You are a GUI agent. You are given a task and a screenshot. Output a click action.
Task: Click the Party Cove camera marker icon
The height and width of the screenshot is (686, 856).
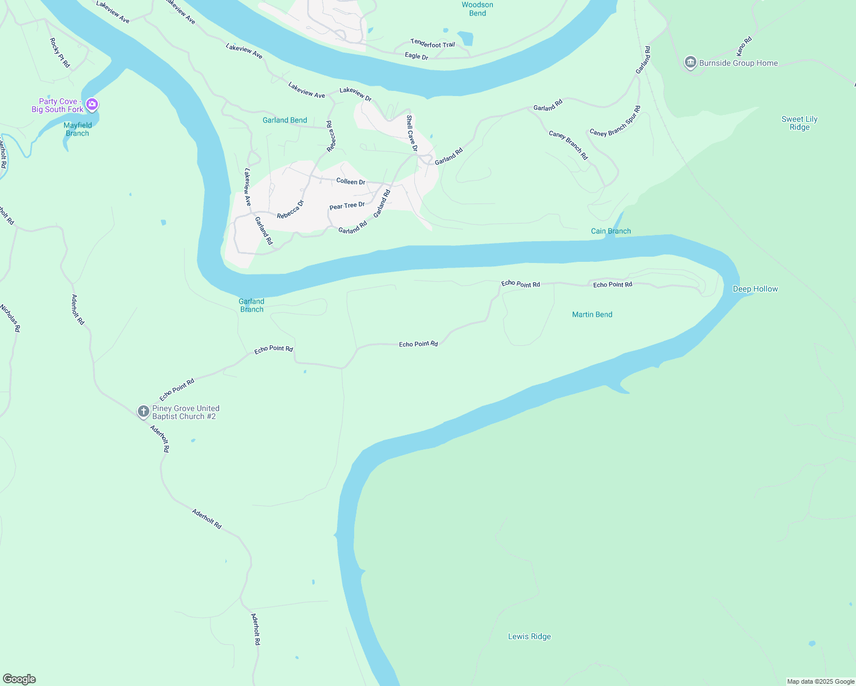click(x=93, y=105)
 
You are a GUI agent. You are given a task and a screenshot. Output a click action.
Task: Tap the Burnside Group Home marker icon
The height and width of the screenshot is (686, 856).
click(x=691, y=62)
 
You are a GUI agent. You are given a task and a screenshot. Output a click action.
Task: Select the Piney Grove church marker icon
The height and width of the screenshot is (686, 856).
click(x=144, y=411)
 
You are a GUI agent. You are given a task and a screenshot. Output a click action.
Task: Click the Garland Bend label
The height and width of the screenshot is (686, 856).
click(x=285, y=120)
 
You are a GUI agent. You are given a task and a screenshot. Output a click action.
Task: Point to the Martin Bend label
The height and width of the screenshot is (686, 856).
click(x=592, y=314)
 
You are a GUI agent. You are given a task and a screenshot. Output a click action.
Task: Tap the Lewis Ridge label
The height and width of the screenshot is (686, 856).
click(x=529, y=636)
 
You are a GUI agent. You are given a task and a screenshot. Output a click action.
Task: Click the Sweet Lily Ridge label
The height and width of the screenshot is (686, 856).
click(x=799, y=123)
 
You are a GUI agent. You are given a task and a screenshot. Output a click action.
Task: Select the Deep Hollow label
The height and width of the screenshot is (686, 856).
click(x=755, y=289)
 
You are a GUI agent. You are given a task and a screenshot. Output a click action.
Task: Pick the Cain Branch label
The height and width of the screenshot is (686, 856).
click(x=611, y=231)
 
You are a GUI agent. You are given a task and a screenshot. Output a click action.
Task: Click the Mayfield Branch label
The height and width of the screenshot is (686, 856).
click(x=78, y=129)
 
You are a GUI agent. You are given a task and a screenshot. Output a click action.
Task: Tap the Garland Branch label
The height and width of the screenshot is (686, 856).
click(x=252, y=305)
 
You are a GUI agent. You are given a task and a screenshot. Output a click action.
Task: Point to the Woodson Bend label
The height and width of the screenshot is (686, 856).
click(x=477, y=9)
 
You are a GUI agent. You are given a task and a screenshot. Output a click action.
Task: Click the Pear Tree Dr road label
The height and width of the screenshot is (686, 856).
click(x=347, y=206)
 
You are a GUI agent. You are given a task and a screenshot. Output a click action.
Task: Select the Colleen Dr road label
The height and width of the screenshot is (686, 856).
click(x=351, y=181)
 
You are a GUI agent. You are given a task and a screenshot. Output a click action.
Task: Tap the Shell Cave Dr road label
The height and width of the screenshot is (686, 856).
click(x=412, y=133)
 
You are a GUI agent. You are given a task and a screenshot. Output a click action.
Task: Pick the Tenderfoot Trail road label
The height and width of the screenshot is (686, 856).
click(x=433, y=43)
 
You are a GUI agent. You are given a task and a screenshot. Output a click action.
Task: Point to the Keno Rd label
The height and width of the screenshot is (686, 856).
click(x=744, y=47)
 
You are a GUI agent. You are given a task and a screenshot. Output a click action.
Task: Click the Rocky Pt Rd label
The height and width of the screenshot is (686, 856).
click(x=60, y=53)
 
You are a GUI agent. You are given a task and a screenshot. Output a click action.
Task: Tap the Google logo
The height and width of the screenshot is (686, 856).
click(x=19, y=679)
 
